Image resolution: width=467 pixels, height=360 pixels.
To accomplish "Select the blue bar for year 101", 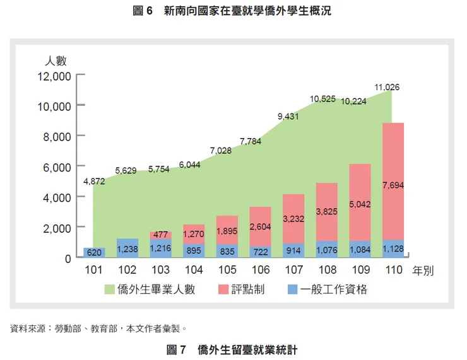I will pos(93,253).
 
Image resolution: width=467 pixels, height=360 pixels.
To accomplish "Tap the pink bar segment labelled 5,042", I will pos(360,203).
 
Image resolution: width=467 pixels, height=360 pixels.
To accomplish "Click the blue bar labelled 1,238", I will pos(127,248).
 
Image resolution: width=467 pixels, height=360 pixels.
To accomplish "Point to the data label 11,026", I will pos(386,86).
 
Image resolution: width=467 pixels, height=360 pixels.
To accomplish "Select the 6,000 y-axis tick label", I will pos(57,166).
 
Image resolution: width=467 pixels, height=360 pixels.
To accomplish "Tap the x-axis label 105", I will pos(227,270).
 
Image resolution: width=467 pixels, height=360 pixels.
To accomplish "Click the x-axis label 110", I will pos(393,270).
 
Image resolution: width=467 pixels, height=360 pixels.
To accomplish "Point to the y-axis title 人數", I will pos(56,61).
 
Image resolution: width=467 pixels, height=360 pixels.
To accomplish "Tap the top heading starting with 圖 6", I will pos(233,11).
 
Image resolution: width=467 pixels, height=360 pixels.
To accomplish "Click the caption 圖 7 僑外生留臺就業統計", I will pos(232,349).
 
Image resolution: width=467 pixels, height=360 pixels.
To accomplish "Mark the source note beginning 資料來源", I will pos(97,328).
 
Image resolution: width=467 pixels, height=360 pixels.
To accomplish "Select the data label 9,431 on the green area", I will pos(290,117).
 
